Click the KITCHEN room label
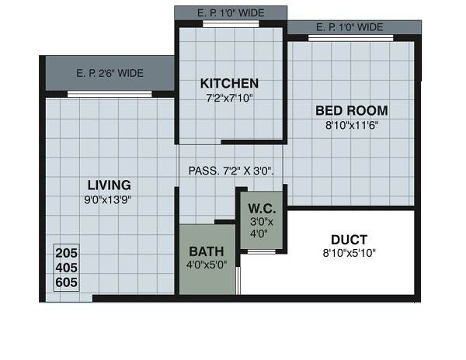click(229, 83)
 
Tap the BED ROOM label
click(351, 109)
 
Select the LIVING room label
click(109, 185)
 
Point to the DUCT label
click(349, 239)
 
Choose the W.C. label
click(259, 208)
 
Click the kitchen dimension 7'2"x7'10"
click(229, 99)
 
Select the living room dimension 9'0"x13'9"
click(109, 199)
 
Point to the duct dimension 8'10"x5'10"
click(349, 253)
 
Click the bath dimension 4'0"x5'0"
click(207, 265)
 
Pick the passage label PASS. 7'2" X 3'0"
click(231, 171)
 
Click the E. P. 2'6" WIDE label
click(110, 74)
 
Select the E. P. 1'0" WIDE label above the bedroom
click(349, 27)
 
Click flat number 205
click(67, 254)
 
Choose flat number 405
click(67, 268)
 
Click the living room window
click(109, 94)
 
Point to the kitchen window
click(230, 25)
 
